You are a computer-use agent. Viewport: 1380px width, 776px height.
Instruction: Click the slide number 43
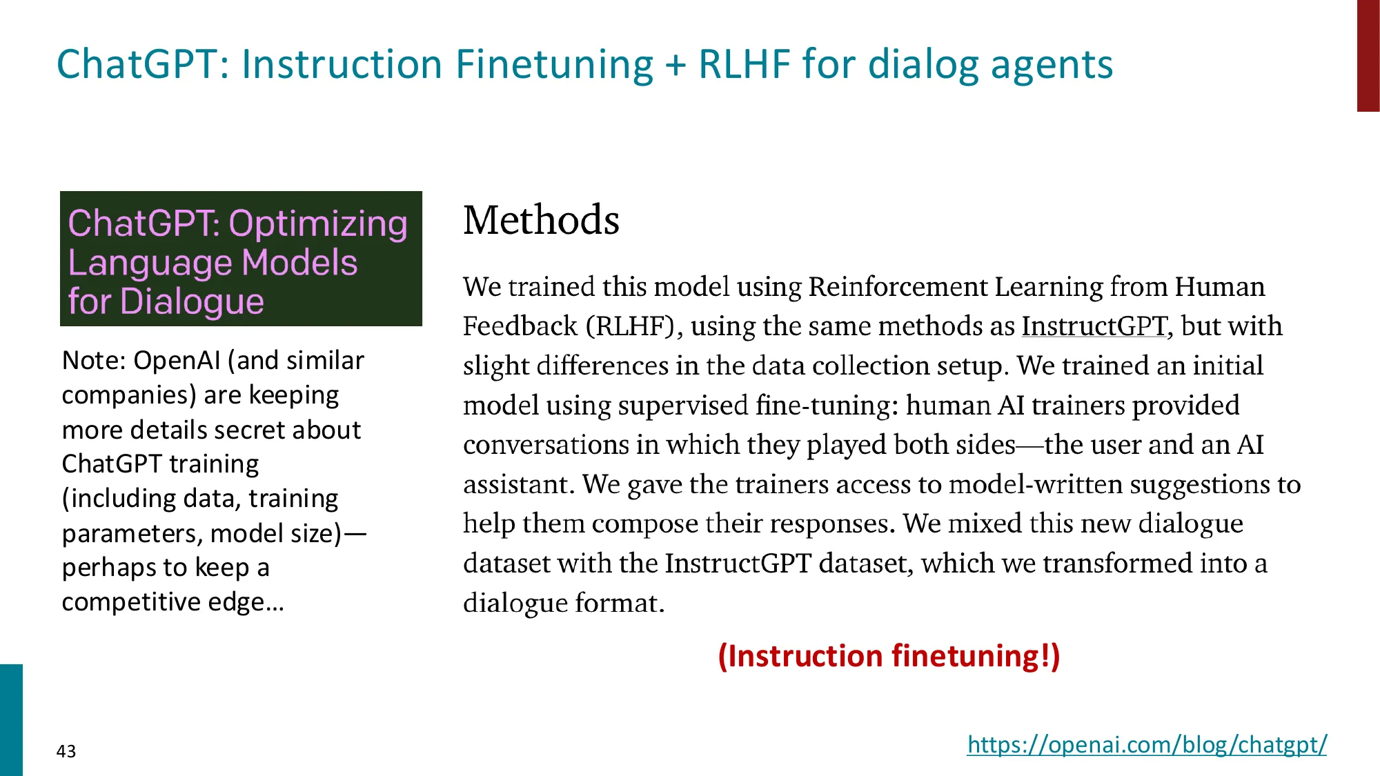coord(66,751)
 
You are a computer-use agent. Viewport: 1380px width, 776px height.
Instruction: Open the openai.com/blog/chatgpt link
coord(1146,745)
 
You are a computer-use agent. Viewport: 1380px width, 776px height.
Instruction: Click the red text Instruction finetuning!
coord(889,656)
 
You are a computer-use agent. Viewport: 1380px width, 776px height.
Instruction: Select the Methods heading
coord(541,221)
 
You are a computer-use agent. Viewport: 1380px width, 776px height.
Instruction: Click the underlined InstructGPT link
coord(1094,326)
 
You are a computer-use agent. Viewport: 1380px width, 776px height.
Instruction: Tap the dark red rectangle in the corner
coord(1368,55)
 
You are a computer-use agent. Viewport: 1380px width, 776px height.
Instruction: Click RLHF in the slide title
coord(744,64)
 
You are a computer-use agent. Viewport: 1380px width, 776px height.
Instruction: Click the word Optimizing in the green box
coord(318,224)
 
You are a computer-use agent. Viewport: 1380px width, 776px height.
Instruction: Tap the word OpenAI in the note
coord(176,361)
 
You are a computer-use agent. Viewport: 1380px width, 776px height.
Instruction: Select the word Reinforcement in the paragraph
coord(898,287)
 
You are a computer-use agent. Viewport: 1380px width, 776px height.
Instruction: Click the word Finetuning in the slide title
coord(554,64)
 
